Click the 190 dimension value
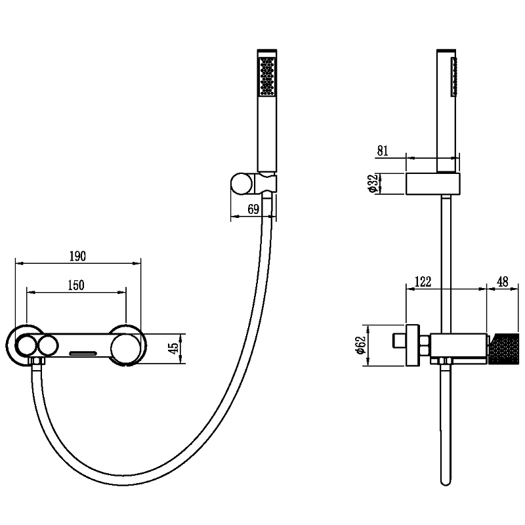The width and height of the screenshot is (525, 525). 77,256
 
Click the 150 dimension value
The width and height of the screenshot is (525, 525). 76,285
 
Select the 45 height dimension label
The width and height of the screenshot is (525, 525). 174,348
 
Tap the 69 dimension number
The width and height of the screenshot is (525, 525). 253,209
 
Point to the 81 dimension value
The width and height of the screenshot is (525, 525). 383,151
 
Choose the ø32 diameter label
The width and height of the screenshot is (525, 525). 373,183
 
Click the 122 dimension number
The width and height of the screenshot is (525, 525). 423,282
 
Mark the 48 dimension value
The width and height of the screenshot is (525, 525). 503,282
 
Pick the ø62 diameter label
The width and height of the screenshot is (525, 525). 360,345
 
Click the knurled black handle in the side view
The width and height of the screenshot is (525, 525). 504,349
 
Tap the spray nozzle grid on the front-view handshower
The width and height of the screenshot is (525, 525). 267,75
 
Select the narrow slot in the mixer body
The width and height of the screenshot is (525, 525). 83,353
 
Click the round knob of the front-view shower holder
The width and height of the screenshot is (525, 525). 242,184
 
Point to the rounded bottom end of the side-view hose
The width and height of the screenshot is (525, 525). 446,482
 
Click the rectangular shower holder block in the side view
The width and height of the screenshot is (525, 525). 433,184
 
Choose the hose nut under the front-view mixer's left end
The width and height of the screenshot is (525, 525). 37,361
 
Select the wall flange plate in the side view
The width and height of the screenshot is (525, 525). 413,345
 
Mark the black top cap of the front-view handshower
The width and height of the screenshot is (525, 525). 267,51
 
